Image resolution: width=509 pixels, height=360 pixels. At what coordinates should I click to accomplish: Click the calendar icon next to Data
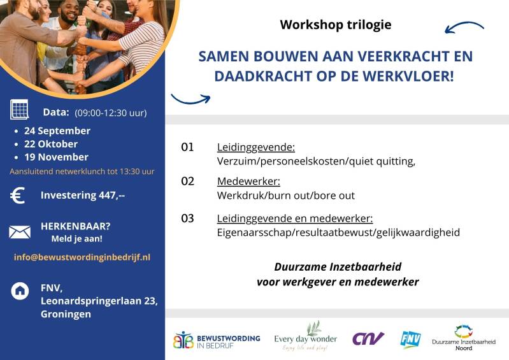coord(20,110)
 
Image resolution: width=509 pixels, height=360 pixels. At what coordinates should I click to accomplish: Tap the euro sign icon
coord(18,196)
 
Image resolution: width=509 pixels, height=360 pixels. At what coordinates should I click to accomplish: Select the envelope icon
coord(20,232)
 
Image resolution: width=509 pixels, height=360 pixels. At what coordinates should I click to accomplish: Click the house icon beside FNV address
coord(20,291)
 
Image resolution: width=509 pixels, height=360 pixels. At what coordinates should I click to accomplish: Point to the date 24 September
coord(57,131)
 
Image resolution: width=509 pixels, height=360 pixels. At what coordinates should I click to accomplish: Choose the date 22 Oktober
coord(51,144)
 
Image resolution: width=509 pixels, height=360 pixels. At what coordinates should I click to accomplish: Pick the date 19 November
coord(56,157)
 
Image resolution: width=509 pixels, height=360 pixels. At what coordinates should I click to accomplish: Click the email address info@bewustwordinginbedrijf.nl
coord(82,257)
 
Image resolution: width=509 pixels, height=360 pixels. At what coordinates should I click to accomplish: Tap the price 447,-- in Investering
coord(112,195)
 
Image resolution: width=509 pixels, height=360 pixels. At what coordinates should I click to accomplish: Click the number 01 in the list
coord(187,147)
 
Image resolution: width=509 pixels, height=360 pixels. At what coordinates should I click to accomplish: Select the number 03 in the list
coord(187,219)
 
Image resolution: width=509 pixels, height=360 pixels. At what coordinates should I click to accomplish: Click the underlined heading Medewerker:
coord(248,182)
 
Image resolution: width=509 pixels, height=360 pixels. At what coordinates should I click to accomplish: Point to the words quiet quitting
coord(382,161)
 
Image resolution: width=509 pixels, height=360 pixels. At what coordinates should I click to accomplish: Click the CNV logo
coord(368,338)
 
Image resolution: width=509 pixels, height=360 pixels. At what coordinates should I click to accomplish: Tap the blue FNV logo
coord(411,340)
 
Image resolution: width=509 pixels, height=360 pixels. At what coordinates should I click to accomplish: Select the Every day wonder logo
coord(306,336)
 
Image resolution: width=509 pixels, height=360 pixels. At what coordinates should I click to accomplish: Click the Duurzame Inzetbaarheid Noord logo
coord(464,338)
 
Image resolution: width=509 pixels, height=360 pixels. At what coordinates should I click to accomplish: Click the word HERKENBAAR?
coord(76,226)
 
